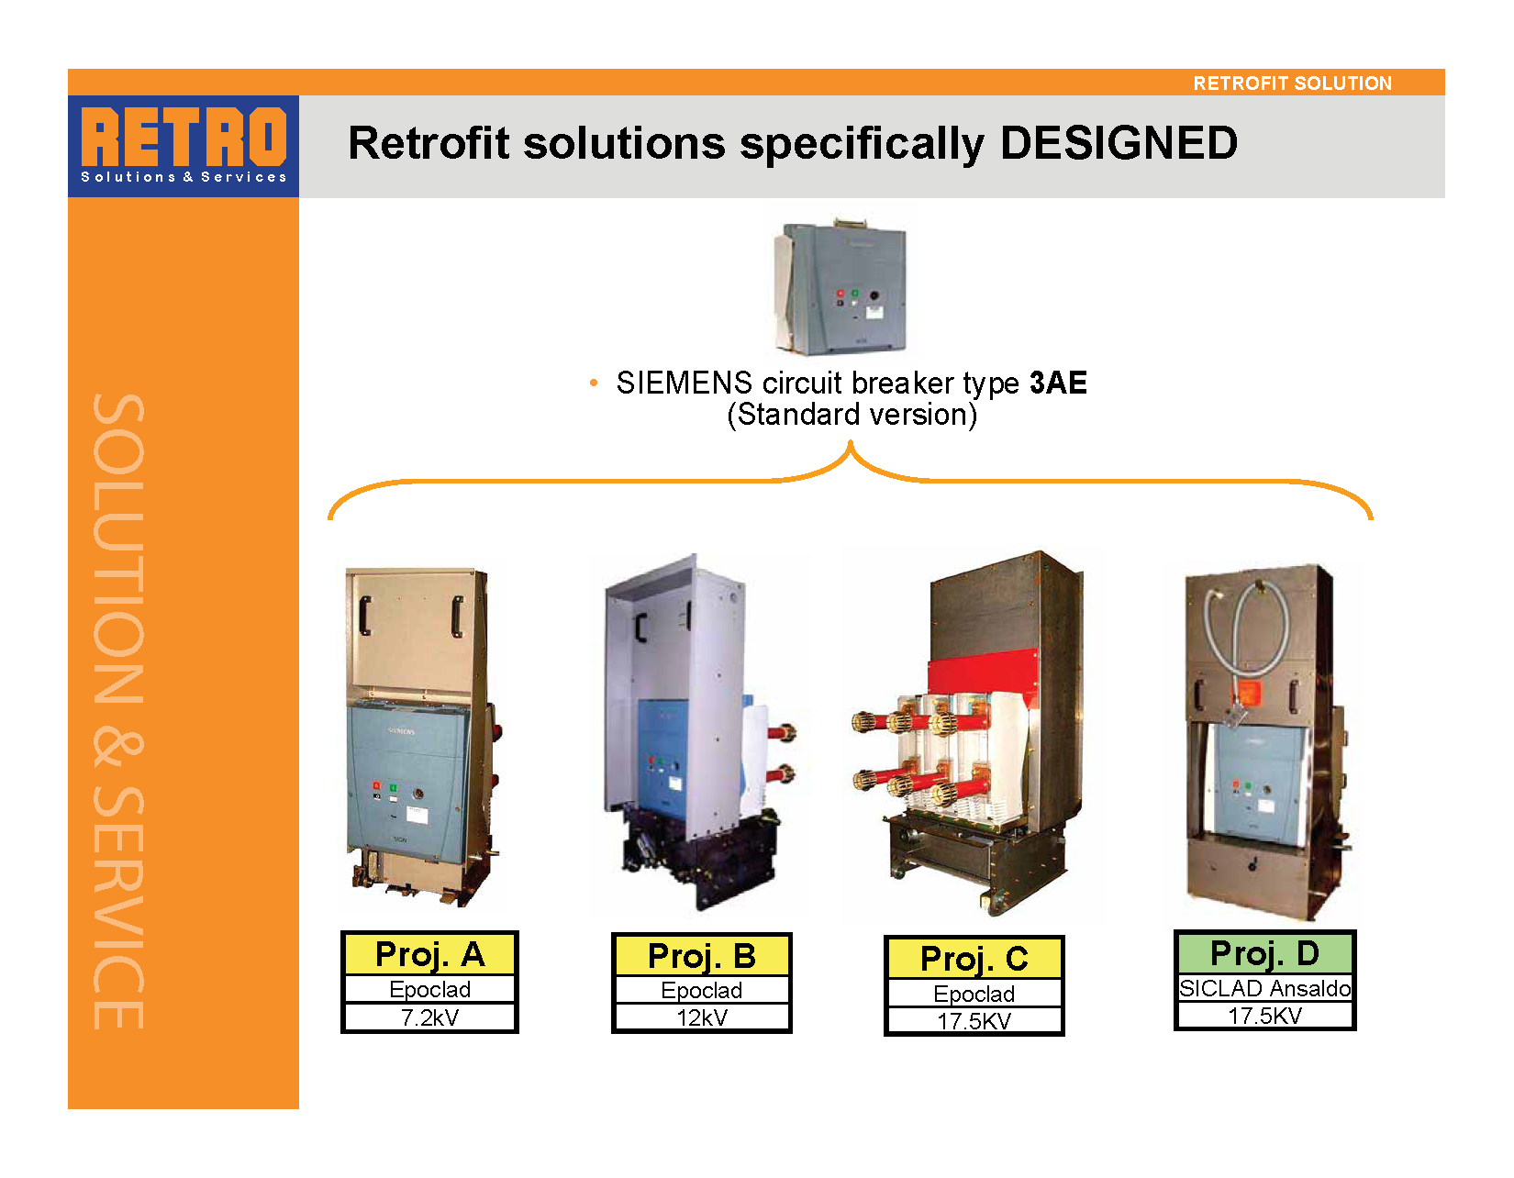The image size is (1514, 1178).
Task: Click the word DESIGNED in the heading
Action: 1119,143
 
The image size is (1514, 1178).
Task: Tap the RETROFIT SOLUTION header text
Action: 1292,83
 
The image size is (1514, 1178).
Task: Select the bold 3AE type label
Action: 1058,383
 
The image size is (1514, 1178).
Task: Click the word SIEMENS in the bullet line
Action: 684,383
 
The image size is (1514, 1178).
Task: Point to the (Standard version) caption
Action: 852,415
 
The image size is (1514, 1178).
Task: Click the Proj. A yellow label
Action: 429,954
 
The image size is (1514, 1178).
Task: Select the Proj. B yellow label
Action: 701,956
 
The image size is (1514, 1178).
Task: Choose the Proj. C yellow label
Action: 974,959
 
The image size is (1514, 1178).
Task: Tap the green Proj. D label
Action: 1264,953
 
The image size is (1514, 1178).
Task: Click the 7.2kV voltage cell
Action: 429,1017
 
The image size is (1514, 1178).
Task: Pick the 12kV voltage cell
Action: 701,1017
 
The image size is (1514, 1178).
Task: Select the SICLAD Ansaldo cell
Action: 1264,988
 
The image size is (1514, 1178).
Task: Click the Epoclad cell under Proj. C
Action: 974,993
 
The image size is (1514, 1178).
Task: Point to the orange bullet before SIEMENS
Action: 593,383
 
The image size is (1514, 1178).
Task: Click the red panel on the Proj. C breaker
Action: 983,672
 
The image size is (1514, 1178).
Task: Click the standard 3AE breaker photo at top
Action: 840,286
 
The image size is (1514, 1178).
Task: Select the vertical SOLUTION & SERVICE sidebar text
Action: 118,711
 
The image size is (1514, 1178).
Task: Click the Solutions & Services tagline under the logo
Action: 184,177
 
